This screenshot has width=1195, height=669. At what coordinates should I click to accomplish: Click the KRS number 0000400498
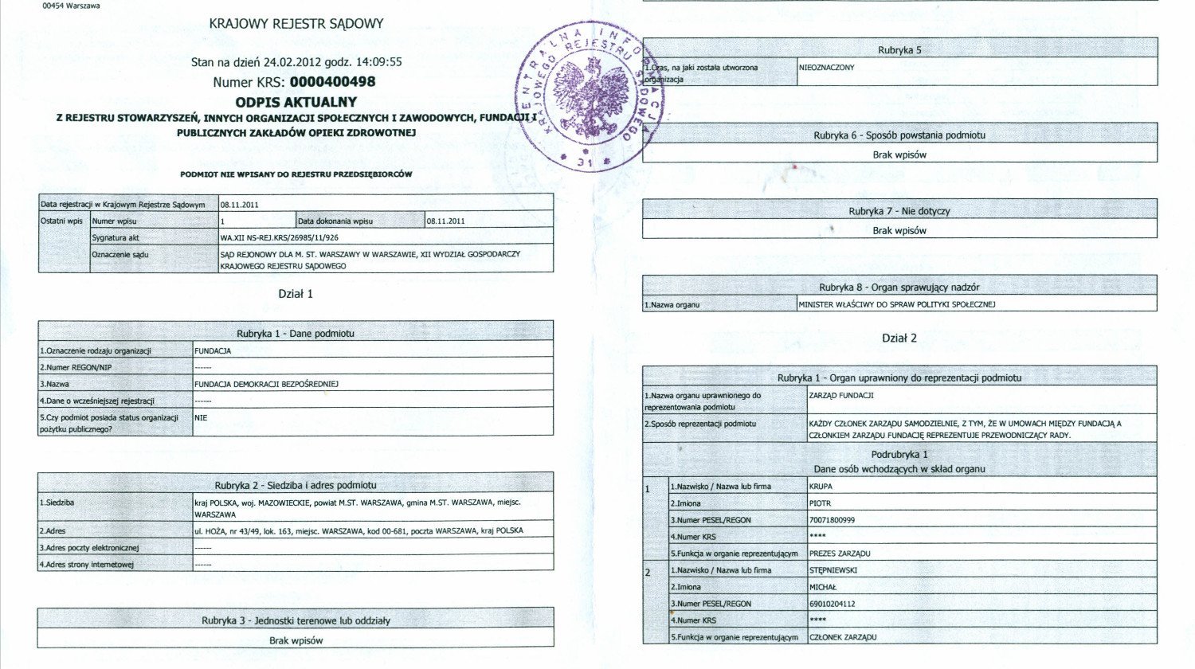[x=332, y=82]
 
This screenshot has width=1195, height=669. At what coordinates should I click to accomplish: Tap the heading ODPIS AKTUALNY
[x=296, y=102]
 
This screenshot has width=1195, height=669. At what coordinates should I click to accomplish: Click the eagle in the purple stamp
[x=590, y=99]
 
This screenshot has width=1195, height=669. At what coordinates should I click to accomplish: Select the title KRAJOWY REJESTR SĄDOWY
[x=296, y=24]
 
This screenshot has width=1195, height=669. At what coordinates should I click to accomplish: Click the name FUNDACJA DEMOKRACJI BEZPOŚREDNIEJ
[x=267, y=384]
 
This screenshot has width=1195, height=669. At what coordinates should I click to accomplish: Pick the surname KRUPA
[x=821, y=486]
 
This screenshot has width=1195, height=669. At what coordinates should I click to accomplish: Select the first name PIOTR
[x=820, y=503]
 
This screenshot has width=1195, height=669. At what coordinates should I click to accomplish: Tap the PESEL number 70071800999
[x=832, y=520]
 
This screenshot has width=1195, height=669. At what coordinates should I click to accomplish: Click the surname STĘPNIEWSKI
[x=833, y=570]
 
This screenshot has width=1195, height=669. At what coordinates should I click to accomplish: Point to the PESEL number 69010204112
[x=832, y=604]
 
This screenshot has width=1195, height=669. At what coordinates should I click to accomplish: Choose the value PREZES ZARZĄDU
[x=840, y=554]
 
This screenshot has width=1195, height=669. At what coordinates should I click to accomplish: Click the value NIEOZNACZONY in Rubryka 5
[x=827, y=68]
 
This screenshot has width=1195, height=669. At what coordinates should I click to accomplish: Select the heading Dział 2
[x=899, y=338]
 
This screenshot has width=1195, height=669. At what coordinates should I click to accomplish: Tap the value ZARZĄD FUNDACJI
[x=841, y=395]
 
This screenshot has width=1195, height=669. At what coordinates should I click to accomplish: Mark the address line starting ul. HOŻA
[x=358, y=530]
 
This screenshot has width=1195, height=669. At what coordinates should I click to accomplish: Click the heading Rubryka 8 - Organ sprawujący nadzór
[x=899, y=288]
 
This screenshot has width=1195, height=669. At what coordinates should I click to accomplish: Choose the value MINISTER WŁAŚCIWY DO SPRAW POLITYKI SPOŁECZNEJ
[x=897, y=304]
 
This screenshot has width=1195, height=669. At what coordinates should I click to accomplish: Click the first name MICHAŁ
[x=823, y=587]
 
